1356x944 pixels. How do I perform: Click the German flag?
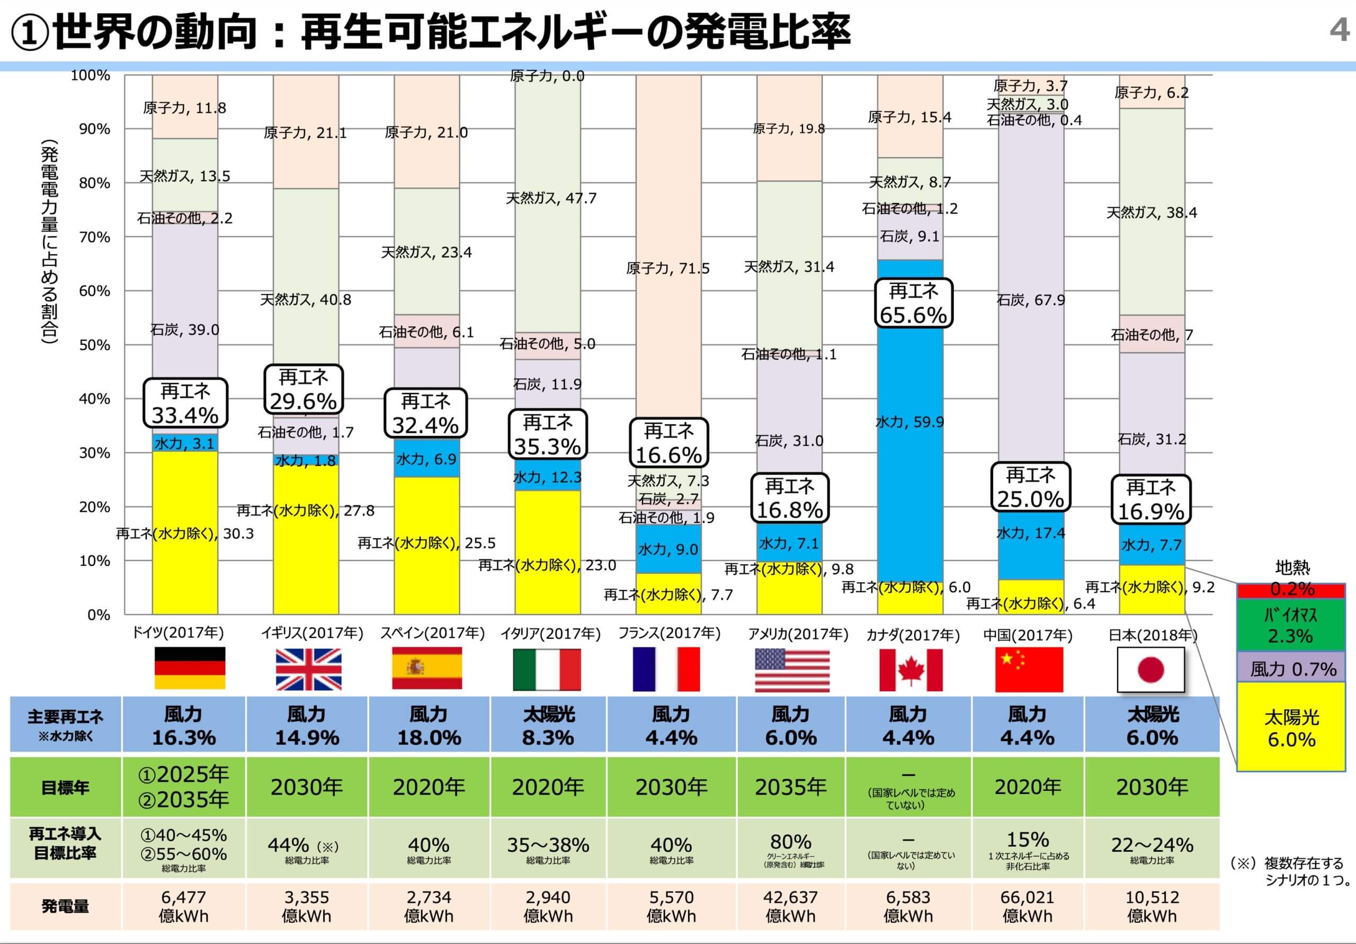click(x=190, y=668)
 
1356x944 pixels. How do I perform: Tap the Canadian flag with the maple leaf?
click(x=910, y=670)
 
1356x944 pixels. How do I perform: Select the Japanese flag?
click(x=1150, y=670)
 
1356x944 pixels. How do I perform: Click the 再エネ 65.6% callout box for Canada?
click(x=913, y=303)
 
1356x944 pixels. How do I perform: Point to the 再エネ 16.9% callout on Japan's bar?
click(x=1150, y=500)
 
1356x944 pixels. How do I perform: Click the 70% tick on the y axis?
click(x=94, y=237)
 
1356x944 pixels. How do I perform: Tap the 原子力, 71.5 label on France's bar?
click(x=667, y=269)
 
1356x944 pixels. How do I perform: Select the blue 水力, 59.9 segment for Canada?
click(x=909, y=422)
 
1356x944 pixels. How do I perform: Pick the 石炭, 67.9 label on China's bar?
click(x=1031, y=300)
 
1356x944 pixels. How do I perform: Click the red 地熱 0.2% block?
click(x=1291, y=590)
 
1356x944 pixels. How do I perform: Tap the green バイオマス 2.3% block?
click(x=1291, y=625)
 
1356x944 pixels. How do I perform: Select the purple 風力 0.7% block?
click(x=1291, y=669)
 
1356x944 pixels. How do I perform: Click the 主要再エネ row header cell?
click(x=65, y=724)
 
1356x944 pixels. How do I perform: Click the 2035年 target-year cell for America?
click(x=790, y=787)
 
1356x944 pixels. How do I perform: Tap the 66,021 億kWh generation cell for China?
click(x=1027, y=906)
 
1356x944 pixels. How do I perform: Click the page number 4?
click(x=1339, y=30)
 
